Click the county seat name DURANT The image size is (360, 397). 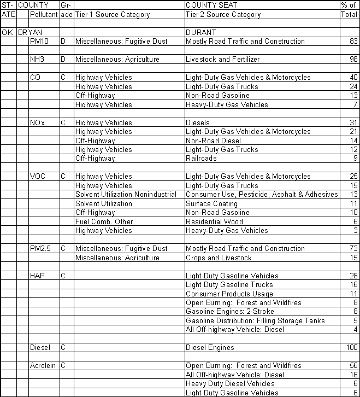point(201,32)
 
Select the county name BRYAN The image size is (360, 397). point(31,32)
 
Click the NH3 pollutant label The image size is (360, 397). point(38,60)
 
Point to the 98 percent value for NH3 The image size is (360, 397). point(353,60)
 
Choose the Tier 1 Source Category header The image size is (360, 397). point(112,15)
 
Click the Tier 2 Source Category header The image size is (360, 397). point(223,15)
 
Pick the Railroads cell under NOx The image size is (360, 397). point(201,159)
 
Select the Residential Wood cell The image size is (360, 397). point(215,222)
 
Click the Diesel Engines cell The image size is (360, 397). point(210,348)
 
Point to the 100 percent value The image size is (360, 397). point(351,348)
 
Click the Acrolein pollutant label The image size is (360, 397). point(43,366)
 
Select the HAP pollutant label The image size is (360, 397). point(37,276)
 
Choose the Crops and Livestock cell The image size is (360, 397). point(219,258)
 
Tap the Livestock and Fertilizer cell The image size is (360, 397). point(222,60)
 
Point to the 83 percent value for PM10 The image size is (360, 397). point(353,42)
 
